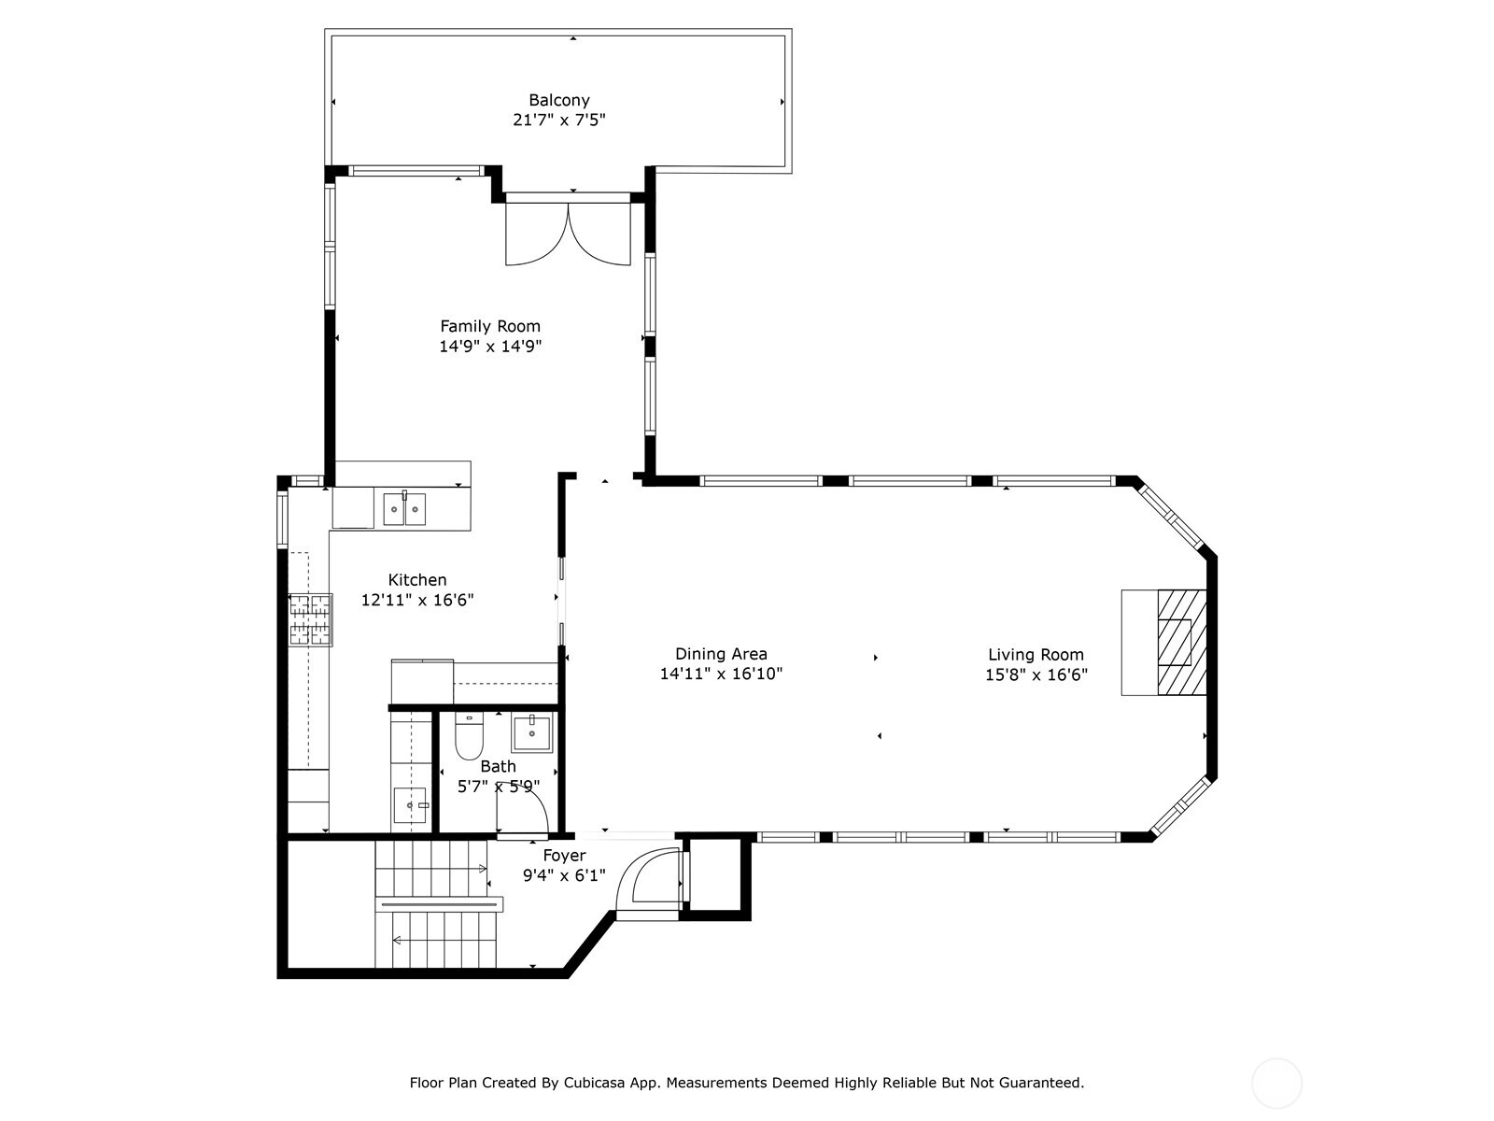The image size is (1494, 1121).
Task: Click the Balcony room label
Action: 558,100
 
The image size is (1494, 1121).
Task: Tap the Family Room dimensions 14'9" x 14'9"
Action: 490,346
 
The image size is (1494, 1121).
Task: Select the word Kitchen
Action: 417,580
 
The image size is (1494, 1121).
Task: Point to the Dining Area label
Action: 721,654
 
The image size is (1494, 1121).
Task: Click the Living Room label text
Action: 1036,655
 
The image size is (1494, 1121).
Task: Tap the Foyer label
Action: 564,856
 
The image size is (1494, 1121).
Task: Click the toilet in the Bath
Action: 469,736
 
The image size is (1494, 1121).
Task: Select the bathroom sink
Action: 531,733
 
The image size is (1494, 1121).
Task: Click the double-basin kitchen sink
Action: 404,508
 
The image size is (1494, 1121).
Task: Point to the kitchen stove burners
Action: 310,619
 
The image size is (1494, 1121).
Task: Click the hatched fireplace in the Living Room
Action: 1181,642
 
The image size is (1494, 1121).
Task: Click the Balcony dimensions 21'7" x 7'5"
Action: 558,120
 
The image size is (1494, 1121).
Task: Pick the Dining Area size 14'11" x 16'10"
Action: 721,674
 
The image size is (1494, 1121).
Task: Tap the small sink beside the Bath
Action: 410,805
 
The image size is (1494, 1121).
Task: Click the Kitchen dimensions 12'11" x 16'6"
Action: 417,600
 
